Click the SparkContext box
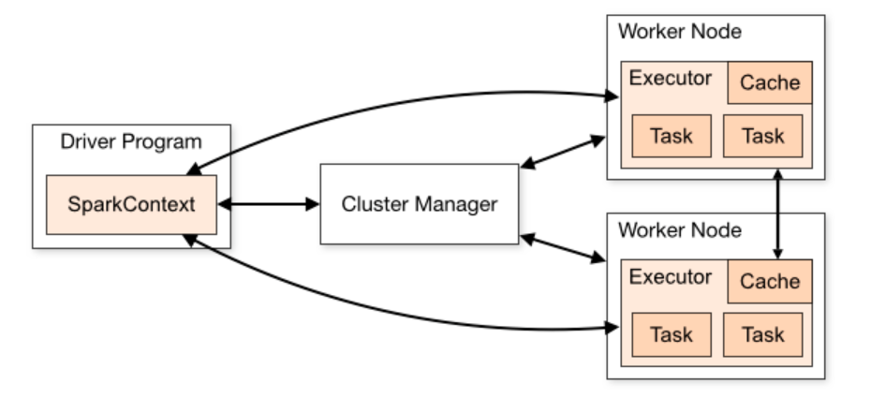tap(132, 204)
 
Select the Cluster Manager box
tap(420, 204)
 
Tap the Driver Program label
tap(131, 141)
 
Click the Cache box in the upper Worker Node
tap(770, 82)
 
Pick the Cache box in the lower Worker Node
tap(770, 282)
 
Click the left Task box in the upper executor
tap(672, 136)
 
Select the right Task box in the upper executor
tap(762, 136)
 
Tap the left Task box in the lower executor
tap(672, 334)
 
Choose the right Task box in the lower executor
tap(762, 334)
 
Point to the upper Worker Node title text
tap(680, 31)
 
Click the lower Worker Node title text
tap(680, 229)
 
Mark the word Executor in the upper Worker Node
tap(670, 79)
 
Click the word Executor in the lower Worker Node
tap(670, 276)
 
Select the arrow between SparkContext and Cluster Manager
tap(269, 204)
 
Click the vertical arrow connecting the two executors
tap(777, 214)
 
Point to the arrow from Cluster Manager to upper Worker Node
tap(562, 151)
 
